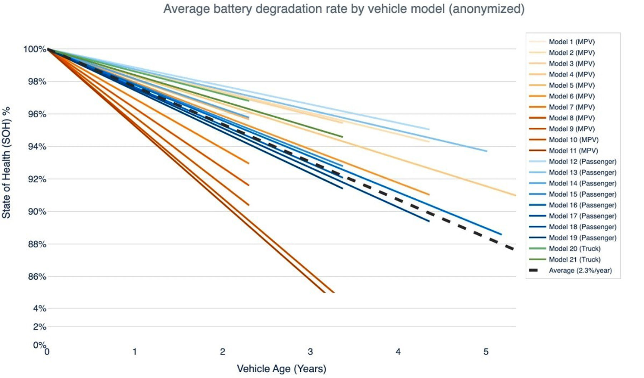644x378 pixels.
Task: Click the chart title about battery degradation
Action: [344, 9]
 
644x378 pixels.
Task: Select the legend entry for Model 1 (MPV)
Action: [571, 42]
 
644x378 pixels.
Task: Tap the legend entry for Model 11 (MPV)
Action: [573, 151]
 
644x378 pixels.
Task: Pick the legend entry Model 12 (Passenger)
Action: [582, 162]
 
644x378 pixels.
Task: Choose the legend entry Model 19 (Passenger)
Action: [582, 238]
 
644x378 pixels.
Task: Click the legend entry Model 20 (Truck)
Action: [574, 249]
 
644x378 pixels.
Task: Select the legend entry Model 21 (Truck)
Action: [574, 260]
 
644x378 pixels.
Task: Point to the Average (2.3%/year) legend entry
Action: [580, 270]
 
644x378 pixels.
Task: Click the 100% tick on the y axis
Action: [35, 49]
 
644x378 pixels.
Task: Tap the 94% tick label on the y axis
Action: [37, 147]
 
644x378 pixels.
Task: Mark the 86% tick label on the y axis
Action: [37, 277]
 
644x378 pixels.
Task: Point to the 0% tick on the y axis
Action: [39, 345]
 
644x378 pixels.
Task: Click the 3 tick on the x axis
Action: [310, 352]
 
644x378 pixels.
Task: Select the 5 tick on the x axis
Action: [486, 352]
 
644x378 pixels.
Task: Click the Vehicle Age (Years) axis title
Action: [281, 369]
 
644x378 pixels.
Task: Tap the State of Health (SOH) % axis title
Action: [6, 163]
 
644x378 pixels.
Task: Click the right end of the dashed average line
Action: [513, 249]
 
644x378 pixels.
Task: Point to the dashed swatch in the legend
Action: [534, 270]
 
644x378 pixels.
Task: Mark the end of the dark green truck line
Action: [342, 137]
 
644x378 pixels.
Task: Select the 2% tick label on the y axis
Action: [39, 327]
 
